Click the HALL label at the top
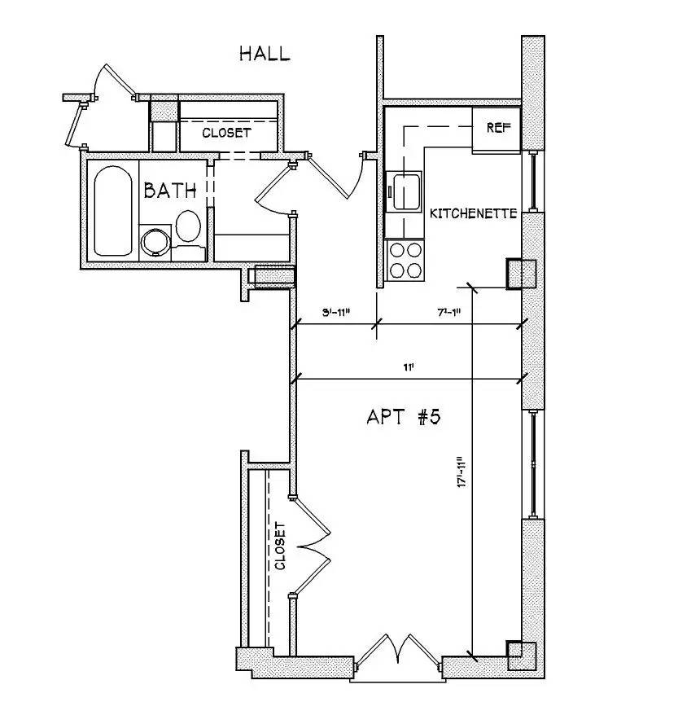tap(264, 55)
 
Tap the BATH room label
tap(170, 191)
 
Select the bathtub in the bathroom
tap(112, 211)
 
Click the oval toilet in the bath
tap(188, 226)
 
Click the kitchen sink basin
tap(405, 191)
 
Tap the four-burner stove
tap(405, 261)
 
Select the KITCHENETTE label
tap(473, 214)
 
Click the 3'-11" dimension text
tap(335, 313)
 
